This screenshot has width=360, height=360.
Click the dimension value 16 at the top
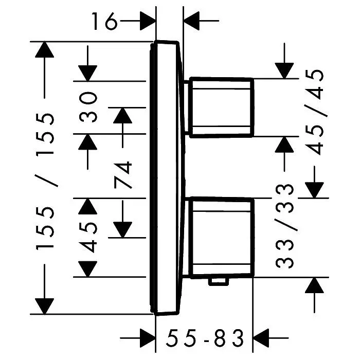pos(104,21)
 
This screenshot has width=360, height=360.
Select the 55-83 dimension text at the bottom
pos(205,338)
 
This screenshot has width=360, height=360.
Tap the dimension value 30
pos(88,107)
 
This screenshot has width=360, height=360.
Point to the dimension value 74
pos(123,175)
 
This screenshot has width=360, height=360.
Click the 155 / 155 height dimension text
pos(45,182)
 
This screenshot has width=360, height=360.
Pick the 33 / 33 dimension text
pos(285,226)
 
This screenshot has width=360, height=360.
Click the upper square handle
pos(221,107)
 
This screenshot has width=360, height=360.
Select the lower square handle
pos(221,238)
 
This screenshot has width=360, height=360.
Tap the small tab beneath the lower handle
pos(219,282)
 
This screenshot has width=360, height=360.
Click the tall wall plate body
pos(167,178)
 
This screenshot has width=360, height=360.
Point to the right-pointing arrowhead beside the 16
pos(148,21)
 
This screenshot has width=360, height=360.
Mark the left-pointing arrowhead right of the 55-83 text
pos(261,338)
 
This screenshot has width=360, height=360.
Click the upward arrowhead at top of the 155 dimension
pos(45,49)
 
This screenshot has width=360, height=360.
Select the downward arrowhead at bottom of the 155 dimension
pos(45,306)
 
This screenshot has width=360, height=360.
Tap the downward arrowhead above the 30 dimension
pos(88,73)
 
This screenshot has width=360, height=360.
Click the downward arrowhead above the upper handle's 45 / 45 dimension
pos(284,71)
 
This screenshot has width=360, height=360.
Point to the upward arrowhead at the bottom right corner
pos(315,285)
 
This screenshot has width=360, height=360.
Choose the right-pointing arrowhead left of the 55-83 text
pos(148,338)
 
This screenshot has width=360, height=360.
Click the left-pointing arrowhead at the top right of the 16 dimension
pos(191,21)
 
